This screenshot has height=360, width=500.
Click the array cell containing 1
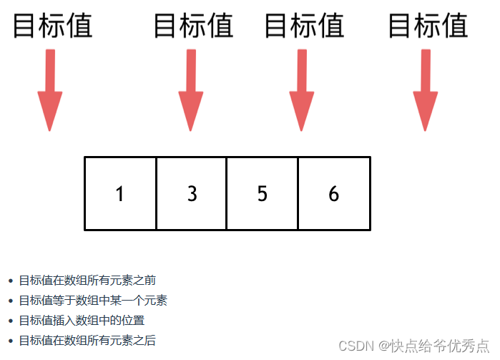(x=120, y=193)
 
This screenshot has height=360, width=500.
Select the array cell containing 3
(x=191, y=193)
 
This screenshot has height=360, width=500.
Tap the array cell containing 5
(x=262, y=193)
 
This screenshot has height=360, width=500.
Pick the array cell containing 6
(x=333, y=193)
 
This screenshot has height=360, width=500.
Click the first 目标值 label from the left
(x=53, y=26)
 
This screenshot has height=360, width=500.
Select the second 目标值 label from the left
(x=194, y=26)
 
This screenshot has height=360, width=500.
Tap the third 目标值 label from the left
(x=304, y=26)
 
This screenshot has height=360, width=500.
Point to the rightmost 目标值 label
(x=428, y=26)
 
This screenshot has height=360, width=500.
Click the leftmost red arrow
(x=49, y=90)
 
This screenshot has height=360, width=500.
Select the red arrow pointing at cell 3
(x=190, y=90)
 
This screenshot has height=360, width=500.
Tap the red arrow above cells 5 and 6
(x=302, y=90)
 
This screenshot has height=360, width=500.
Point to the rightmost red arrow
(x=426, y=90)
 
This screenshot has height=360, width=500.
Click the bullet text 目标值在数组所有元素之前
(x=87, y=281)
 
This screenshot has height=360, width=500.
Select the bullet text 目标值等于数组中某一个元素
(x=93, y=301)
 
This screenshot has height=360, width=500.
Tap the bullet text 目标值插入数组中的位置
(x=82, y=321)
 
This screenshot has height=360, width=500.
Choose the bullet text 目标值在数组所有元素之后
(x=87, y=341)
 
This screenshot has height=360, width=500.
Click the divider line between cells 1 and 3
(x=156, y=193)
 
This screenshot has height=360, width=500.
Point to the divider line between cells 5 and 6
(x=298, y=193)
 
